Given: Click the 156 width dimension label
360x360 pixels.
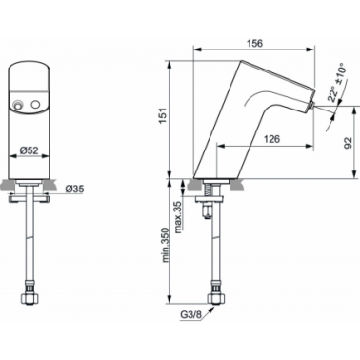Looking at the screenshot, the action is (254, 43).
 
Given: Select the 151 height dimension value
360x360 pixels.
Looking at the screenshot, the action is (163, 116).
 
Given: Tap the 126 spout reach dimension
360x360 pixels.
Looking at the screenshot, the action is (271, 139).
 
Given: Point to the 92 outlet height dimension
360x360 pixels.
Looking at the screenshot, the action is (348, 143).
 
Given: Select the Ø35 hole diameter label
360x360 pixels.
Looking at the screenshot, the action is (74, 190).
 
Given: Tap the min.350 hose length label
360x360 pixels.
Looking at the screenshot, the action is (165, 245).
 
